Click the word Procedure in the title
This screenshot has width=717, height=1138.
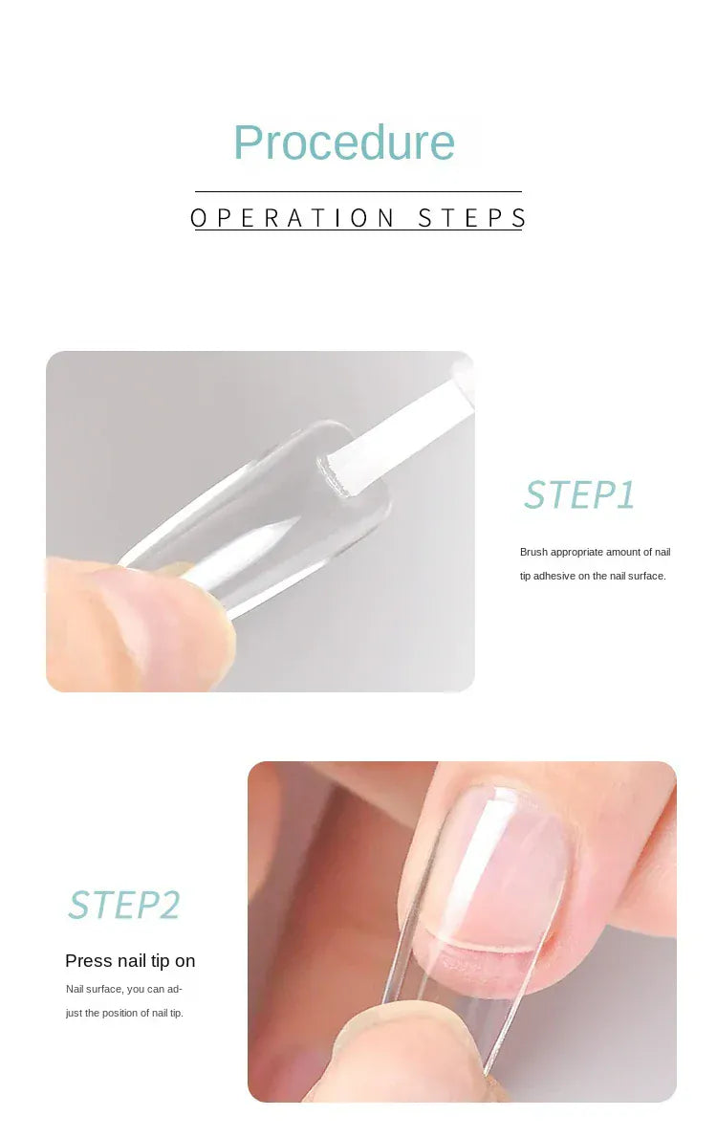click(344, 142)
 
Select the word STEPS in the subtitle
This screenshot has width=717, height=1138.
click(472, 218)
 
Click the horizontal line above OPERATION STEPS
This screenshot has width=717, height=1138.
click(358, 191)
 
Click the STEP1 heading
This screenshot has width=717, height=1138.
click(579, 495)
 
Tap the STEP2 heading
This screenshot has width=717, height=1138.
click(124, 905)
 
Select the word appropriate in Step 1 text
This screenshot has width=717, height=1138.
click(574, 553)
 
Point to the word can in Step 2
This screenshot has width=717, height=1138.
click(156, 989)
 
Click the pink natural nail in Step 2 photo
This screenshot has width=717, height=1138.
click(497, 870)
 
